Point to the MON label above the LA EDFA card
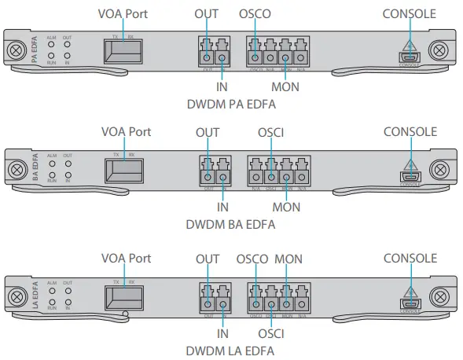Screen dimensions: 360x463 click(x=288, y=259)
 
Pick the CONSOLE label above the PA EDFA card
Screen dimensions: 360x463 click(x=410, y=13)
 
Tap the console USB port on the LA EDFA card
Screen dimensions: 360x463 click(x=410, y=303)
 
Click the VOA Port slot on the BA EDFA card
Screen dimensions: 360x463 click(x=125, y=171)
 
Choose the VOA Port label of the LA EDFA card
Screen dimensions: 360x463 click(x=127, y=258)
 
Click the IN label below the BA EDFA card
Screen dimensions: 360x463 click(x=222, y=207)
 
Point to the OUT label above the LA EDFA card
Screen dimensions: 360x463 click(x=208, y=259)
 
